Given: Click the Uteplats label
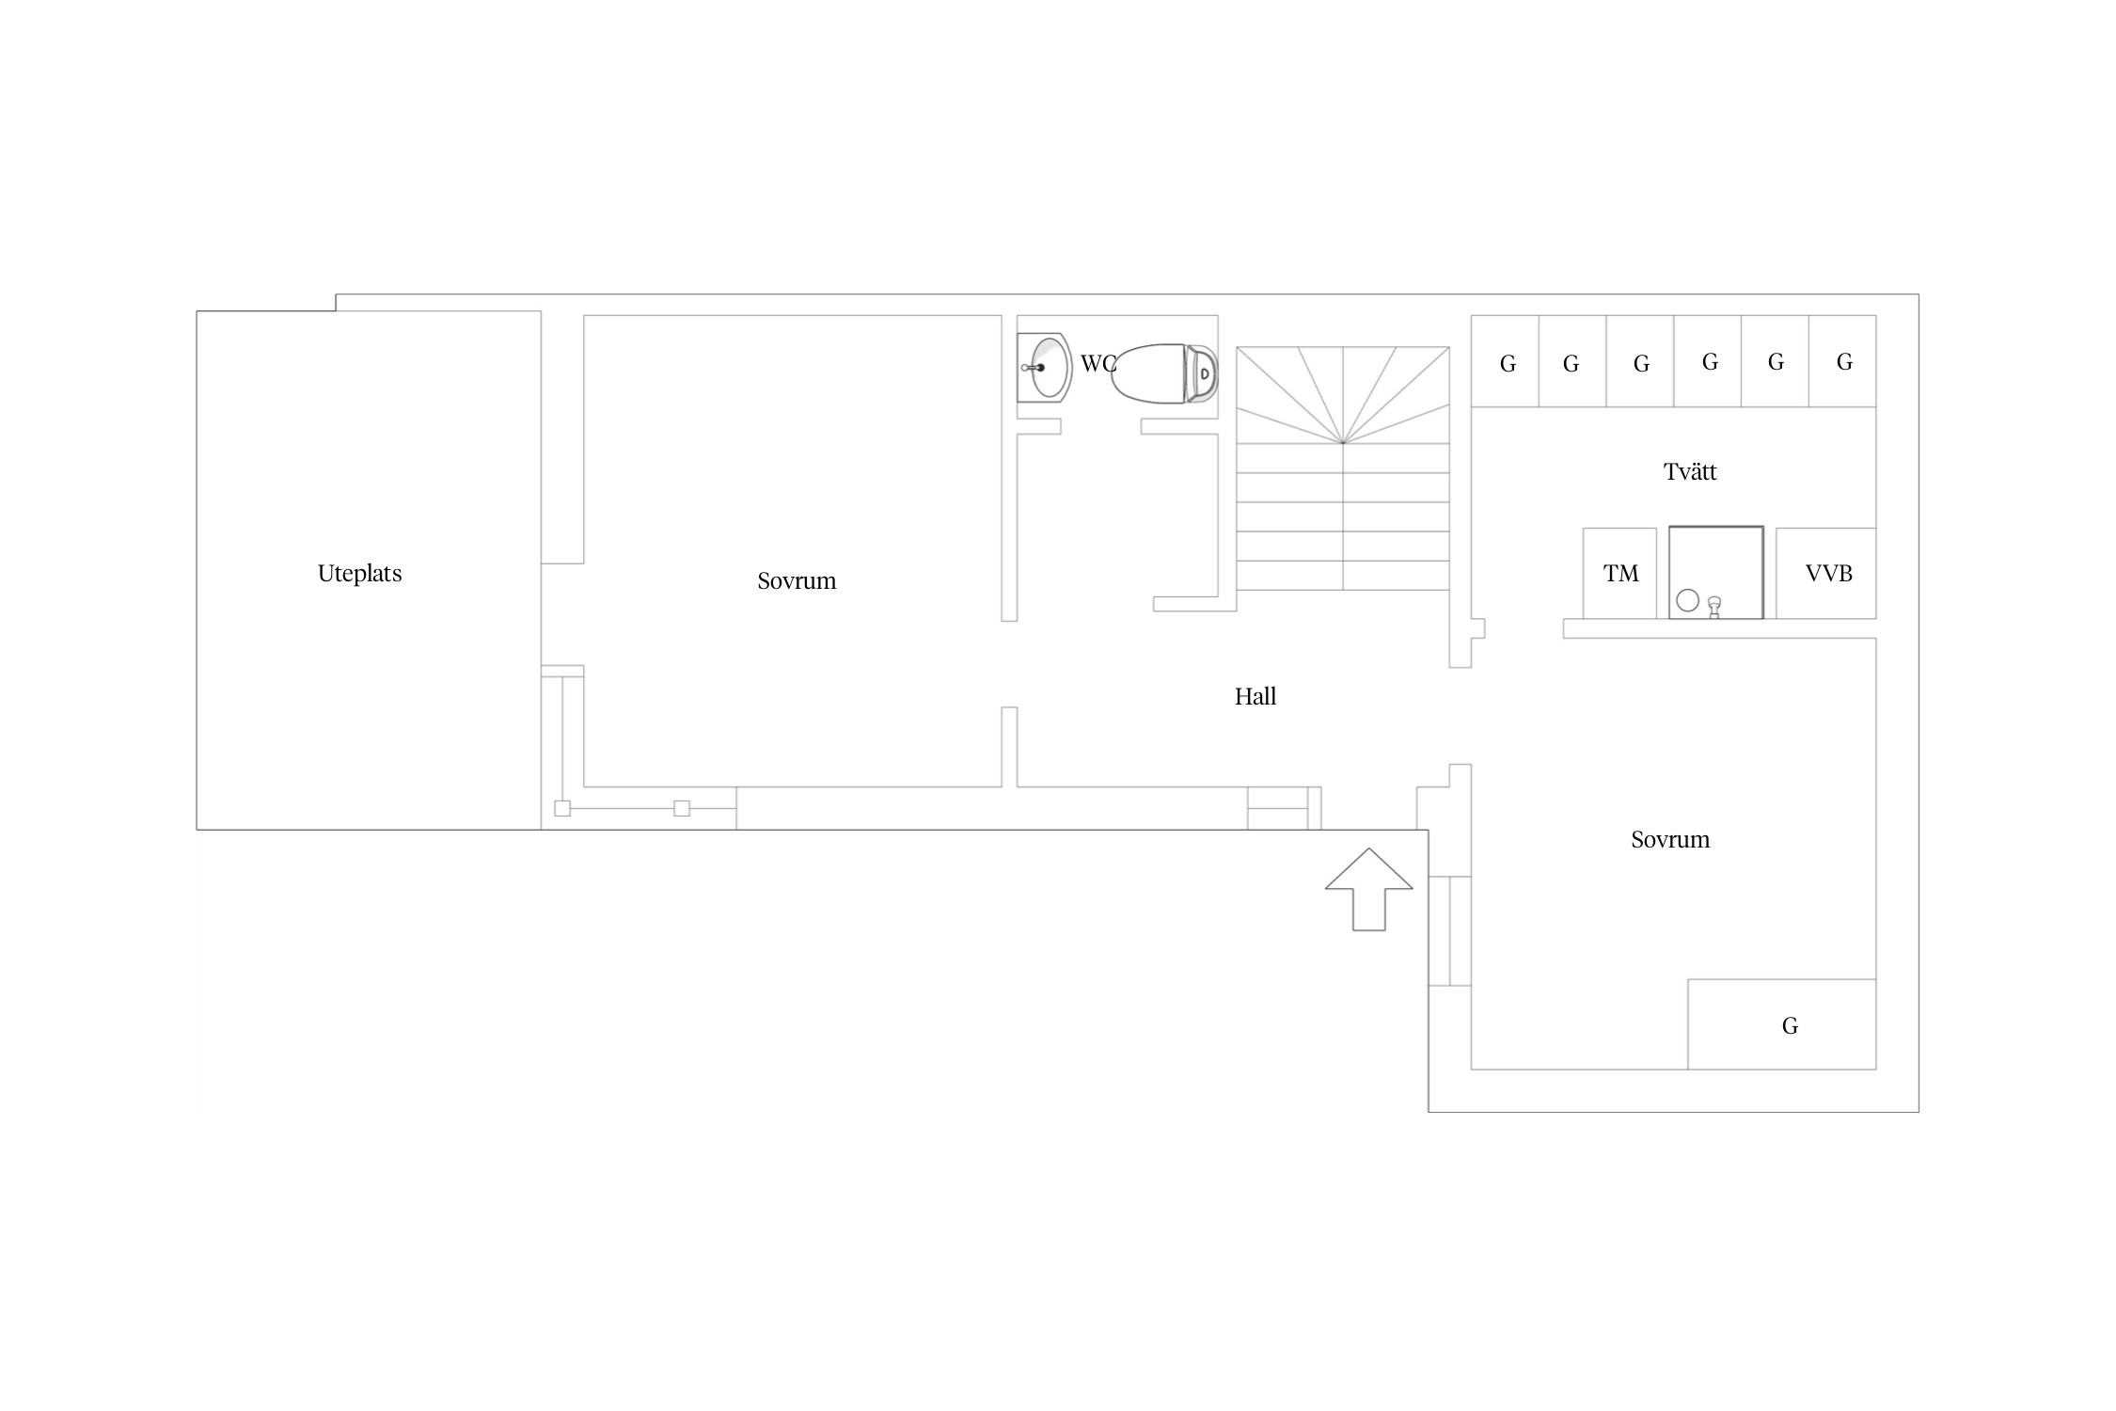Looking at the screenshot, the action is [x=359, y=574].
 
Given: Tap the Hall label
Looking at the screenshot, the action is [x=1255, y=696].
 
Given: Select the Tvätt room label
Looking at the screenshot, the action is [x=1690, y=471].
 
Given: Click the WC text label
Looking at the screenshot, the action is [x=1097, y=364].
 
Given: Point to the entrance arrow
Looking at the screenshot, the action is [x=1369, y=890].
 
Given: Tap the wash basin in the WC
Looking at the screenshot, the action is [x=1044, y=367].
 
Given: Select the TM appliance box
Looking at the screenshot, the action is [x=1619, y=573].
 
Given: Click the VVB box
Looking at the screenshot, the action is [x=1826, y=573].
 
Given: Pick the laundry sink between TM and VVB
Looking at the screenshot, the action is [x=1716, y=573].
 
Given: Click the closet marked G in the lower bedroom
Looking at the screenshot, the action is [x=1782, y=1024].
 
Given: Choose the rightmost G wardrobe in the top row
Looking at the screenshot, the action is [x=1842, y=361].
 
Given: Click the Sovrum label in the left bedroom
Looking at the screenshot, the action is [x=797, y=581].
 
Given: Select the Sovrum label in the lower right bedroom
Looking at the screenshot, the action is [x=1670, y=840].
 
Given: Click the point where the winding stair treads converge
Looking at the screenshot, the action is [x=1343, y=442].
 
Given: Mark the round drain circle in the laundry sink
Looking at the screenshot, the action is [x=1688, y=600].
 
